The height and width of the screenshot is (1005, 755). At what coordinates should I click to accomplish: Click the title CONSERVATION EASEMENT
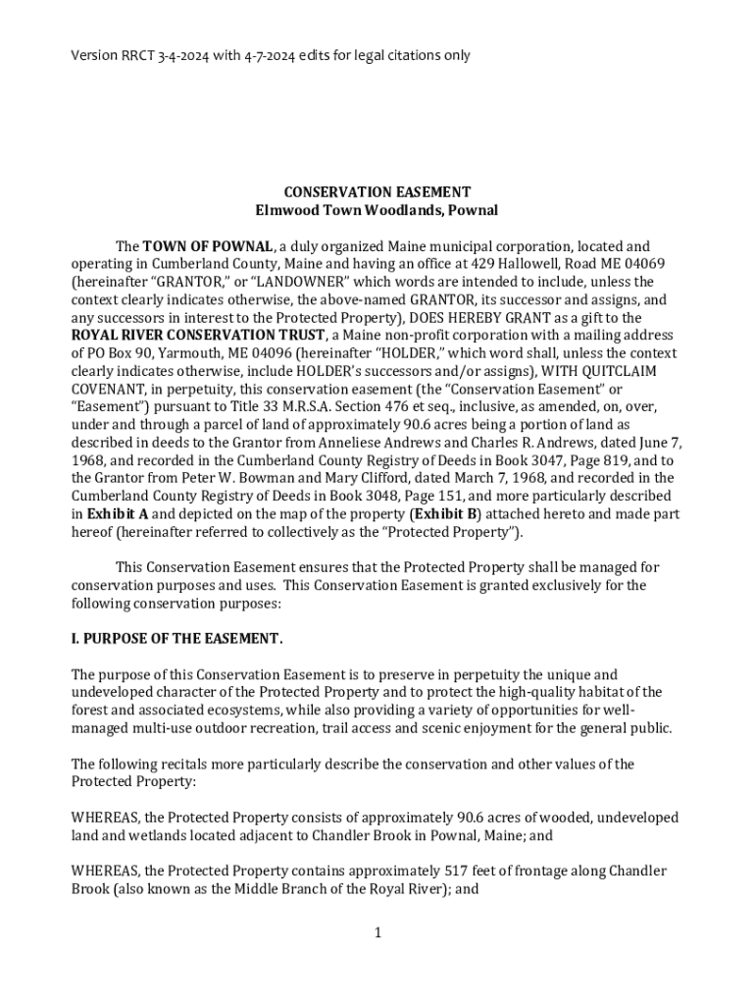377,192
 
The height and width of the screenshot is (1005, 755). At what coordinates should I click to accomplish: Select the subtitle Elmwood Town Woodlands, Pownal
377,210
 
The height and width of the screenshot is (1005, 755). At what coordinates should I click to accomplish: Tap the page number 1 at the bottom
377,932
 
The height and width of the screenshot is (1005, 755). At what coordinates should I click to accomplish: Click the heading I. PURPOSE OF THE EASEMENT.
176,639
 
